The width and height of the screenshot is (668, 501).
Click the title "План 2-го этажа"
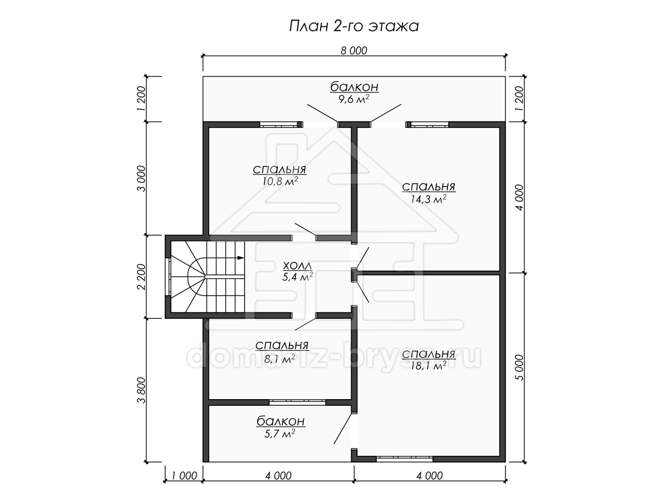353,26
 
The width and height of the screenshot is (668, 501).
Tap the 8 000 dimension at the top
353,51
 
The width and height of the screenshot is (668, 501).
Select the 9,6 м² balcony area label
354,99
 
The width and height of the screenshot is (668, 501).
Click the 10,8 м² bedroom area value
279,181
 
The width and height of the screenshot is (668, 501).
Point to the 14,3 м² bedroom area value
429,199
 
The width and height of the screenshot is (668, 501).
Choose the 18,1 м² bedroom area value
429,366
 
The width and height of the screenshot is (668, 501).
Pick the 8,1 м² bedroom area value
279,359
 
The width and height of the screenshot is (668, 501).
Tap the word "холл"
297,266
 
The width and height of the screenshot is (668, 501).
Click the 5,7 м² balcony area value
279,433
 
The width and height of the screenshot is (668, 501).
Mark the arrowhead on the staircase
240,258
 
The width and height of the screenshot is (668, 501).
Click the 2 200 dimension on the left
141,277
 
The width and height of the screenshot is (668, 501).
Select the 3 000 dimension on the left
141,178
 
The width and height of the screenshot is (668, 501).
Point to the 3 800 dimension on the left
141,390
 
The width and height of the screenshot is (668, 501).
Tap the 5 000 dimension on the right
520,367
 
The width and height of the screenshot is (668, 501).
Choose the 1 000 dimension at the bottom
184,475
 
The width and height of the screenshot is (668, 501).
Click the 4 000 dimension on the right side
520,197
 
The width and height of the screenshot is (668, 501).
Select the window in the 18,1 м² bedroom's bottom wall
405,458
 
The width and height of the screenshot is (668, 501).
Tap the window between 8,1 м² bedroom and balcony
297,402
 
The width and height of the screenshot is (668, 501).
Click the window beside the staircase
168,277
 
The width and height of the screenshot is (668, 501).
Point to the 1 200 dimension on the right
520,99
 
